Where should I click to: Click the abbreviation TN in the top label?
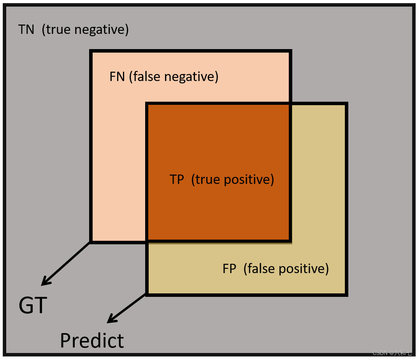(x=26, y=30)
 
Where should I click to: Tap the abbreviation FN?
(x=117, y=76)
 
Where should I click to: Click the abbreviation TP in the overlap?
(x=177, y=180)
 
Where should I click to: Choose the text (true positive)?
(x=233, y=180)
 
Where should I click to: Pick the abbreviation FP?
(x=230, y=269)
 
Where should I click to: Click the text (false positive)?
(x=286, y=269)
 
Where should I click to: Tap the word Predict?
(x=92, y=341)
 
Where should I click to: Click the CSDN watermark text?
(x=392, y=353)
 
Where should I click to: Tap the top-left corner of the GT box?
(x=91, y=51)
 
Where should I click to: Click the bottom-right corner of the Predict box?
(x=346, y=295)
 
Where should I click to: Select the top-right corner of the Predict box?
(x=346, y=104)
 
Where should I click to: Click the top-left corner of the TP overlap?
(x=147, y=104)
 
